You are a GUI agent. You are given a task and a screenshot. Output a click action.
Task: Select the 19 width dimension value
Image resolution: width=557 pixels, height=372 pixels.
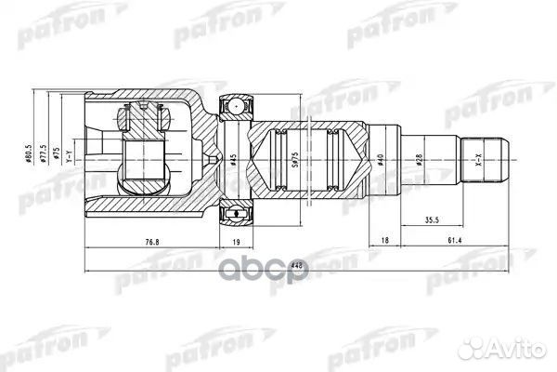pos(236,243)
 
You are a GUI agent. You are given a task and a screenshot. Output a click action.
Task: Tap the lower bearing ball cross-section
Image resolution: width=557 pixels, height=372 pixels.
pos(236,216)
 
